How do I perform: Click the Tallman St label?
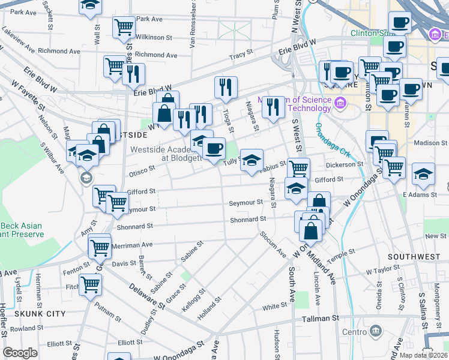pos(321,319)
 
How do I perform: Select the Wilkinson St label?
pos(154,37)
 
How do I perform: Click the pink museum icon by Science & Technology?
pos(340,103)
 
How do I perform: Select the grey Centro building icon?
pos(376,330)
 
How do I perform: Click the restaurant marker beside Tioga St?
pos(226,88)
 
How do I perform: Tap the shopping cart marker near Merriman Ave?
pos(100,246)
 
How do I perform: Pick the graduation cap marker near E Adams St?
pos(423,173)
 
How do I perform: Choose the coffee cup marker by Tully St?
pos(213,148)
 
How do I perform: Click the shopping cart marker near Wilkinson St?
pos(123,27)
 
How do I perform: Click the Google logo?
pos(20,353)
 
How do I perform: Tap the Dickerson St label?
pos(341,164)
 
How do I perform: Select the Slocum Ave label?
pos(273,244)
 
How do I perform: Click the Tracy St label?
pos(241,55)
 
